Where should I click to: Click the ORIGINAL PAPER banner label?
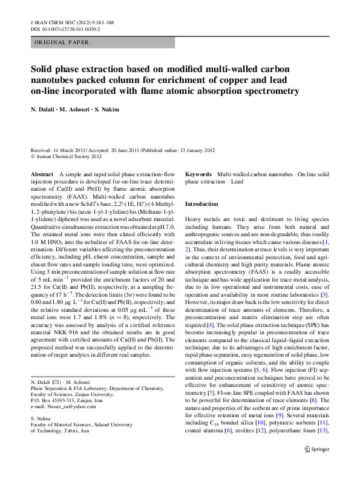pos(61,42)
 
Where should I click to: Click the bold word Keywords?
pos(198,173)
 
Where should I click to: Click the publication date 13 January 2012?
pos(191,150)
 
